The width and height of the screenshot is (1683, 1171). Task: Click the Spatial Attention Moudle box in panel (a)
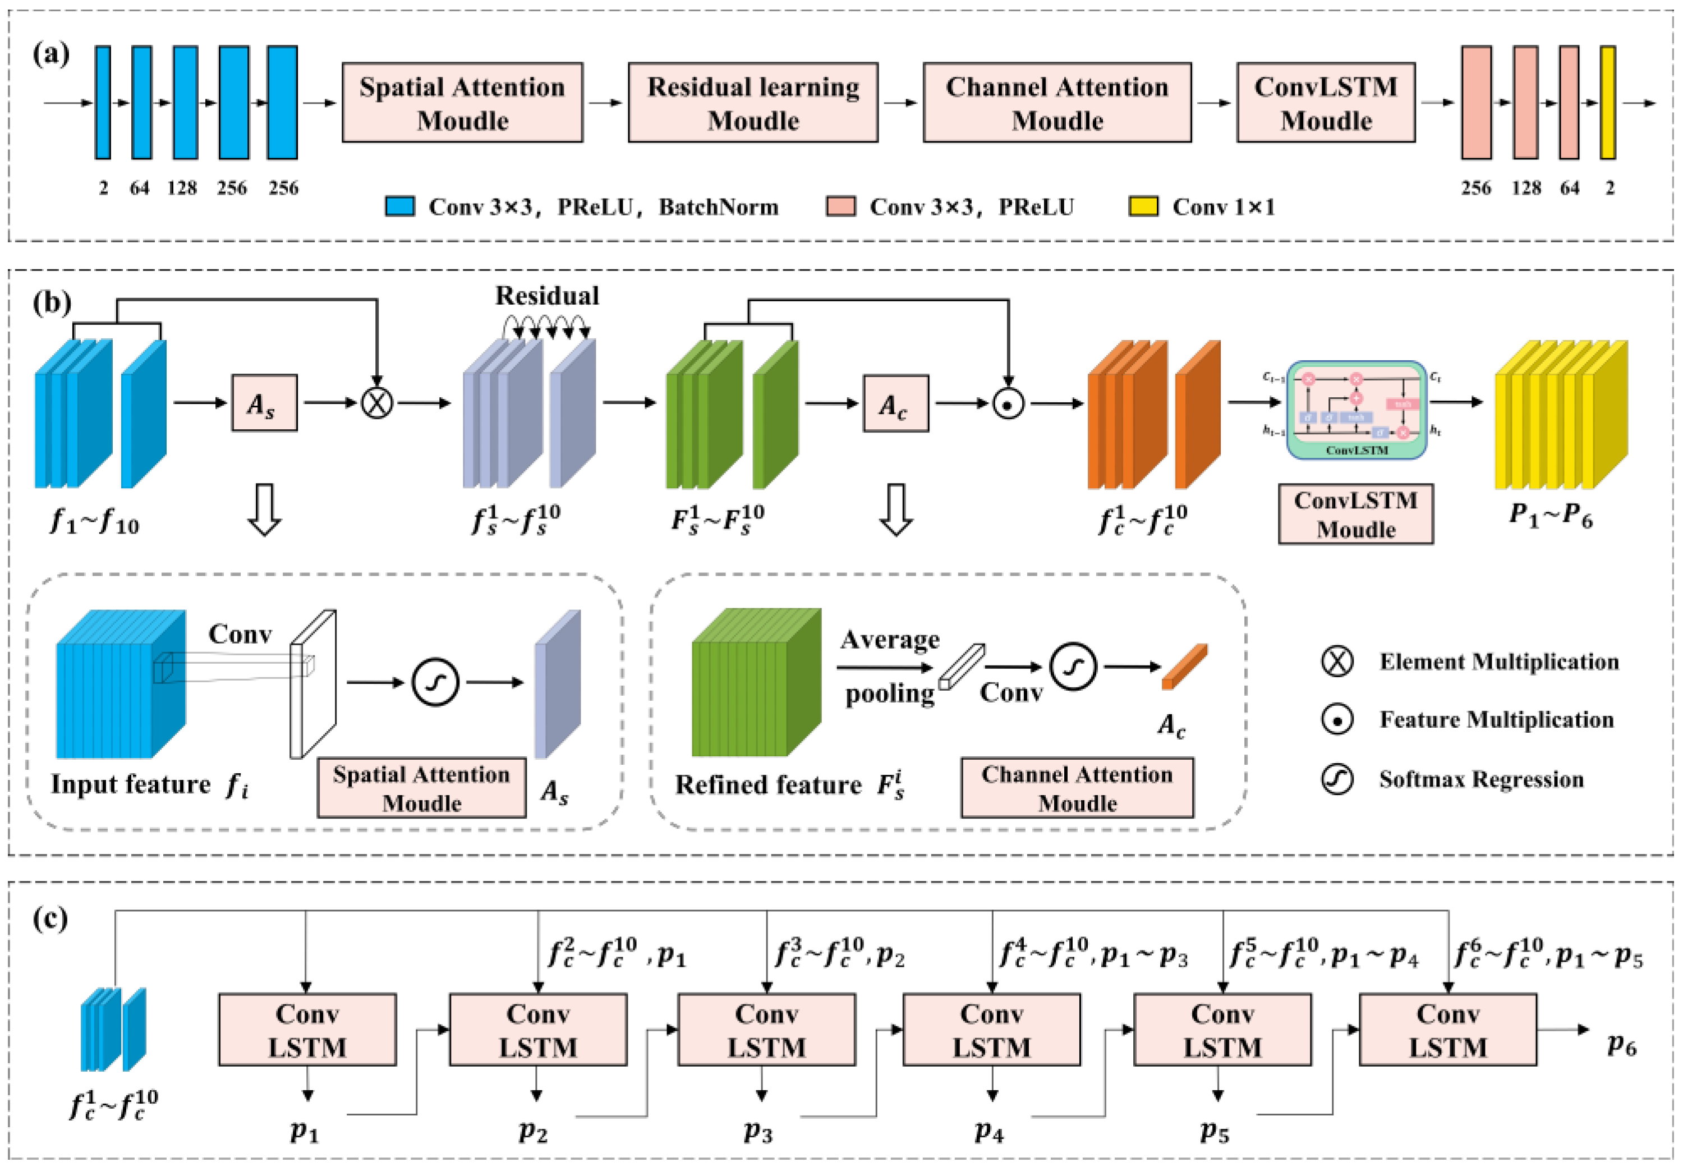point(462,103)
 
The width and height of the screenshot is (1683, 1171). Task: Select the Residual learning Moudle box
point(753,103)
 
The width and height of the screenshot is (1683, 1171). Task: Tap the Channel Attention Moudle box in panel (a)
point(1056,103)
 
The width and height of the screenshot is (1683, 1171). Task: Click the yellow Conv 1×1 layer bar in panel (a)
point(1607,103)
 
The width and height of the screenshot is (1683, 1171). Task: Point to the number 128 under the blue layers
point(182,189)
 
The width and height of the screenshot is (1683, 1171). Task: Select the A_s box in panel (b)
point(264,403)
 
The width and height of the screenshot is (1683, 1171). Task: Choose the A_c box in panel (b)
point(895,403)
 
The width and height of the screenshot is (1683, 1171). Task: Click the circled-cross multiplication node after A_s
point(377,403)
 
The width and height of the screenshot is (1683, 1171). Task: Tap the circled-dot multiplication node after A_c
point(1008,404)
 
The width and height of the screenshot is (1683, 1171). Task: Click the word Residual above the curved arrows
point(547,296)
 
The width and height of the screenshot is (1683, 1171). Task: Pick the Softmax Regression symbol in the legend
point(1337,779)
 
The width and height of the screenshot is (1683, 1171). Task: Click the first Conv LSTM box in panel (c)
point(307,1030)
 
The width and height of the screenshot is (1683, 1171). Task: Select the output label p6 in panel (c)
point(1621,1044)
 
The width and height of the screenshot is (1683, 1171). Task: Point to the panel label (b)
point(51,302)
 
